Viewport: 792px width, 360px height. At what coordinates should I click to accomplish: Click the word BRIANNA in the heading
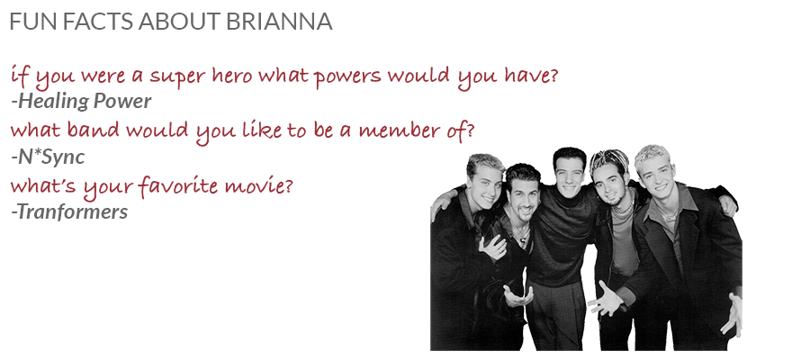click(x=279, y=22)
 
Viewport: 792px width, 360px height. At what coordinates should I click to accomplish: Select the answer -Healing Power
click(x=81, y=102)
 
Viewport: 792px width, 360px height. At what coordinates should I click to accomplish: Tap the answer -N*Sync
click(x=48, y=157)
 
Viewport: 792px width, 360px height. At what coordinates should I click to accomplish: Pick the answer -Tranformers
click(x=69, y=211)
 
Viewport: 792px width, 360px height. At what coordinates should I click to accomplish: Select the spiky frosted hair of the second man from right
click(x=609, y=160)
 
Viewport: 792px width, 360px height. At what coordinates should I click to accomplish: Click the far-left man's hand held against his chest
click(x=492, y=247)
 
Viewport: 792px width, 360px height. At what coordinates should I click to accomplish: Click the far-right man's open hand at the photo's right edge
click(x=733, y=314)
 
